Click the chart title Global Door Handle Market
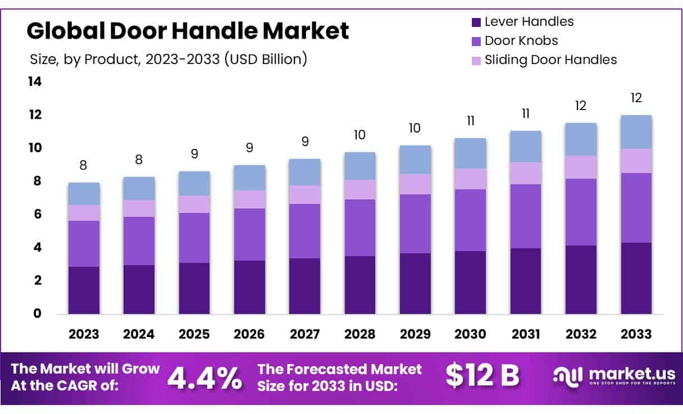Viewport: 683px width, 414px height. click(188, 31)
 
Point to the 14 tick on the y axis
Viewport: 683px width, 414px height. click(34, 82)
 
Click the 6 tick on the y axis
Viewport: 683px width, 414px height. click(37, 214)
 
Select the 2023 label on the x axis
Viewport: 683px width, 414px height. click(84, 334)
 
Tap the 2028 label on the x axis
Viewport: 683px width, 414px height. click(360, 334)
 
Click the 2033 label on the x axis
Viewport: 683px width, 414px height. click(636, 334)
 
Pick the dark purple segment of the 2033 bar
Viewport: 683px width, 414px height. click(636, 278)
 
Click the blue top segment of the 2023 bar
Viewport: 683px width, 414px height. click(84, 194)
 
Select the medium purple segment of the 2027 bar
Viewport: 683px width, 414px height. click(305, 231)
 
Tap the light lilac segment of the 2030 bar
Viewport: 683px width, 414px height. click(471, 179)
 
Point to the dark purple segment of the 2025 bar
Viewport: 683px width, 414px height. click(194, 288)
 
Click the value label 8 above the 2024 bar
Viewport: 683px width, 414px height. click(139, 160)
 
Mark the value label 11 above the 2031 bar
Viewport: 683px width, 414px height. click(526, 114)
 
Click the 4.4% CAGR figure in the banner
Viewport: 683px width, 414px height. click(204, 377)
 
